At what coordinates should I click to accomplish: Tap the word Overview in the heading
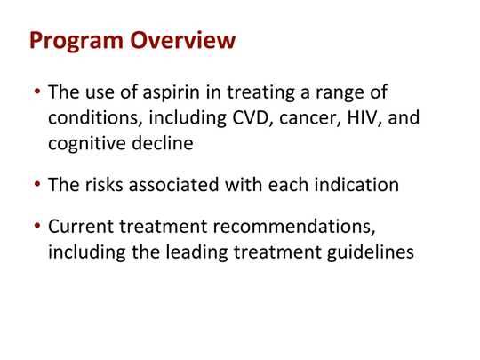coord(183,40)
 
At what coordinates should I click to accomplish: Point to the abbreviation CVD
coord(252,117)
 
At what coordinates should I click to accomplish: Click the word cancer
coord(310,119)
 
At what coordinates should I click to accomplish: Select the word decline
coord(163,142)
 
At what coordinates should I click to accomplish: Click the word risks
coord(104,185)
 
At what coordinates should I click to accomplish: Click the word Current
coord(81,227)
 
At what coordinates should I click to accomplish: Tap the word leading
coord(197,253)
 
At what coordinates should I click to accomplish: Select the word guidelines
coord(371,253)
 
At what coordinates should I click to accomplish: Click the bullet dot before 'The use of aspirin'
coord(37,91)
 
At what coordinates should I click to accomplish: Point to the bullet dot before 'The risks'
coord(37,184)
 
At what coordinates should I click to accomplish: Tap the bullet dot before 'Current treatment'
coord(37,226)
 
